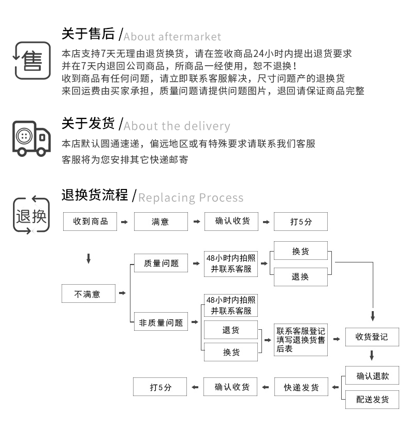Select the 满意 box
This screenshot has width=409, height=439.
(160, 222)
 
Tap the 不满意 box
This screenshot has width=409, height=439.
(88, 294)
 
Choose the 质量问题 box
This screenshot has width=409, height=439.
(160, 264)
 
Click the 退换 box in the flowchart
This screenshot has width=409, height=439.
(301, 277)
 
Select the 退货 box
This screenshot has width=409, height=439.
(231, 330)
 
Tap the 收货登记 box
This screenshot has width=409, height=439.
(372, 337)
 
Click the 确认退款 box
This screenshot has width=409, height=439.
(372, 376)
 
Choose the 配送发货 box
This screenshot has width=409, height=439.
(372, 399)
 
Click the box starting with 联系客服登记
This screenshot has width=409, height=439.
(301, 340)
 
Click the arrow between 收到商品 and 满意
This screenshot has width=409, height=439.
(124, 222)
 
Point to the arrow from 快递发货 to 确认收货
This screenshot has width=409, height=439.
(265, 387)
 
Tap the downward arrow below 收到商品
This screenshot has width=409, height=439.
(89, 258)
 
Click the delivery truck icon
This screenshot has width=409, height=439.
(32, 138)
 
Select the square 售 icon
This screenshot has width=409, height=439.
(32, 62)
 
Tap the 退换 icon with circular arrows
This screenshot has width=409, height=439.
(31, 215)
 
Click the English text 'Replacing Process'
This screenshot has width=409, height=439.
(191, 198)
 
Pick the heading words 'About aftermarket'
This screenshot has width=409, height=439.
(172, 37)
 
